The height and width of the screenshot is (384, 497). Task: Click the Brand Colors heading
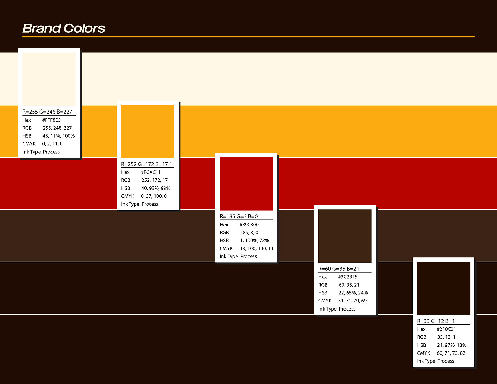tap(64, 28)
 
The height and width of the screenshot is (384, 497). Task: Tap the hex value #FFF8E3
tap(51, 120)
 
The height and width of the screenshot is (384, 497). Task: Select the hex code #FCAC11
tap(151, 172)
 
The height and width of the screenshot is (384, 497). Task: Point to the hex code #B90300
tap(249, 225)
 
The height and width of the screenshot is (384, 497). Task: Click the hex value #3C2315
tap(348, 277)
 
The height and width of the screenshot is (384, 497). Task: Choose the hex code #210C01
tap(446, 329)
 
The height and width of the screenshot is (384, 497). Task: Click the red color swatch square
tap(246, 183)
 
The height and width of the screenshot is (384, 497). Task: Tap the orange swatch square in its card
tap(148, 131)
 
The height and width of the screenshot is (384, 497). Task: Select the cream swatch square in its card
tap(49, 79)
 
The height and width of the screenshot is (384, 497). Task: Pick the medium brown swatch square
tap(345, 236)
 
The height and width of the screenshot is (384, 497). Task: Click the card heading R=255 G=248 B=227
tap(47, 112)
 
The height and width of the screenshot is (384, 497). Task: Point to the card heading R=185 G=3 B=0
tap(239, 216)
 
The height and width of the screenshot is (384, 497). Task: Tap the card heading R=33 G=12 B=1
tap(436, 321)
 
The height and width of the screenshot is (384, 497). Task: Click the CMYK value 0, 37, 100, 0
tap(154, 196)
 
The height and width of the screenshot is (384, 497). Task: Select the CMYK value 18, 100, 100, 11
tap(257, 249)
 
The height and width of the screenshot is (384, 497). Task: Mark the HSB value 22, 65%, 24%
tap(353, 293)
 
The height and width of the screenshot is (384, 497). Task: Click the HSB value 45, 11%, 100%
tap(59, 136)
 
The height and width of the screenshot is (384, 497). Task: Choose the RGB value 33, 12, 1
tap(446, 337)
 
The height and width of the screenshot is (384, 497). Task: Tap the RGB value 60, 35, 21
tap(349, 285)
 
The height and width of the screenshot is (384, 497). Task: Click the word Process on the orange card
tap(150, 204)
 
